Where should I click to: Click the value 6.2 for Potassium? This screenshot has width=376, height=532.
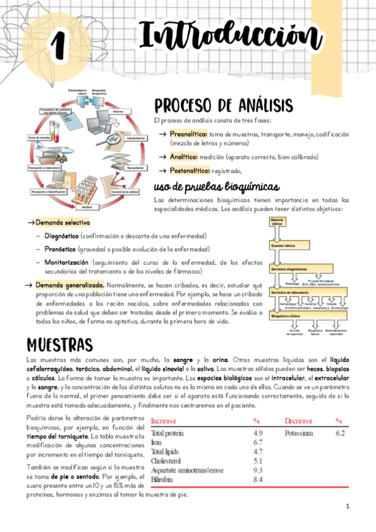pyautogui.click(x=340, y=433)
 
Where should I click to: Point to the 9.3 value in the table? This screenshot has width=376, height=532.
pyautogui.click(x=257, y=470)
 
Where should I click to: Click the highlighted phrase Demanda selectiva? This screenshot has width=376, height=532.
pyautogui.click(x=62, y=223)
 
